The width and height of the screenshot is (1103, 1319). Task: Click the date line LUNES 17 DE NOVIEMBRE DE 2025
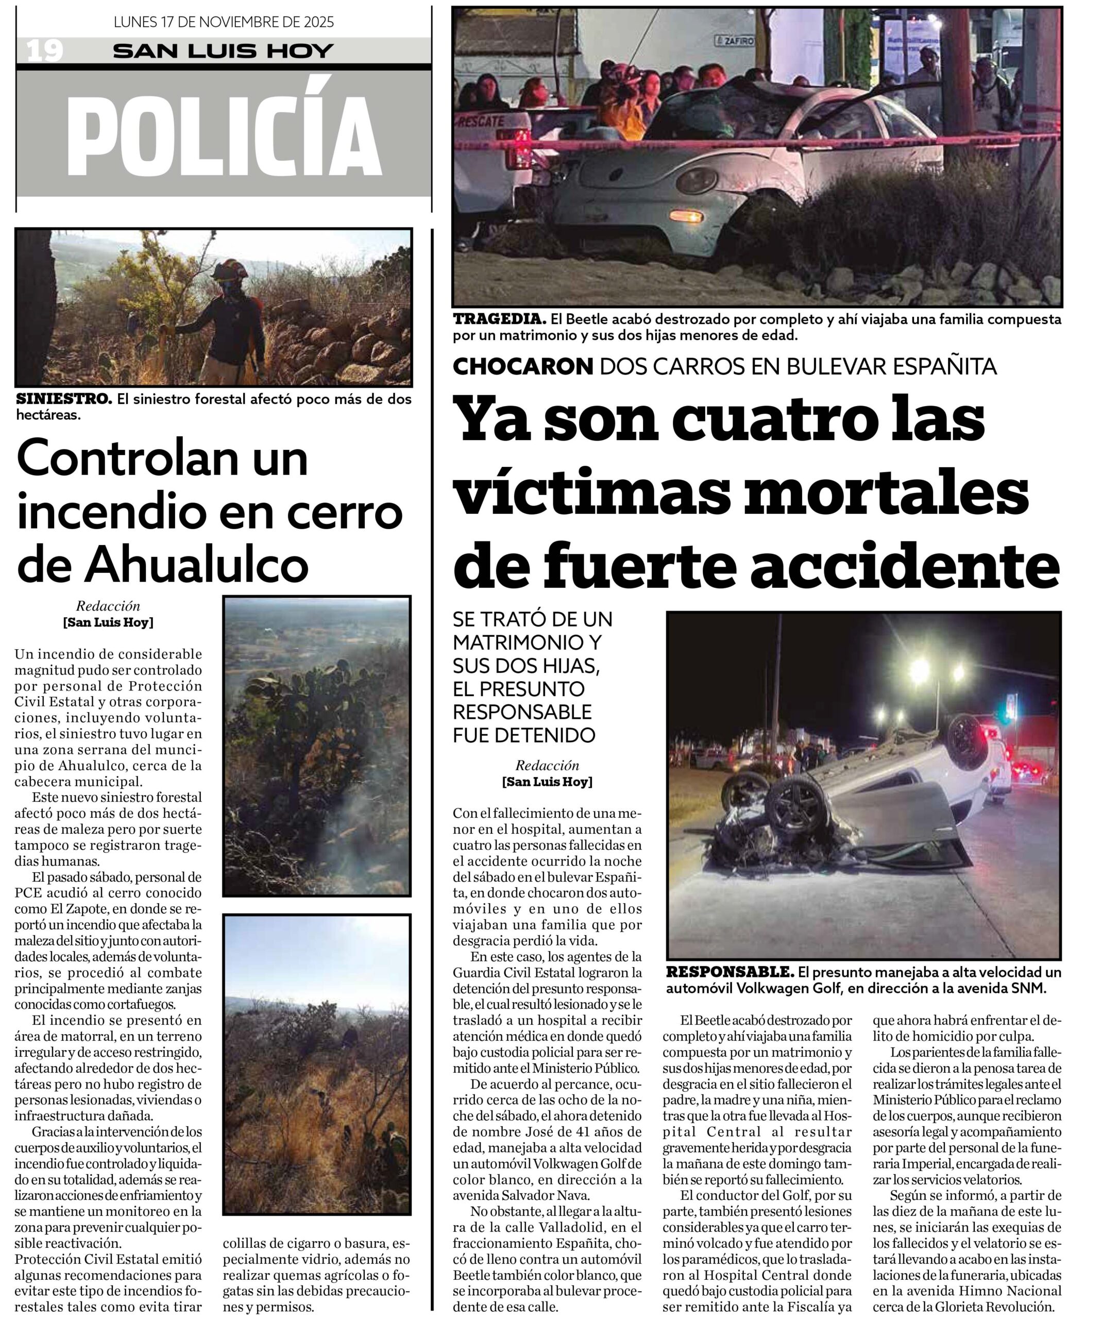pyautogui.click(x=224, y=23)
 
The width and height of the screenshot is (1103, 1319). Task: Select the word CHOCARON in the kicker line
pyautogui.click(x=522, y=366)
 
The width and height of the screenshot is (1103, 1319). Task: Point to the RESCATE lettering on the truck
pyautogui.click(x=482, y=121)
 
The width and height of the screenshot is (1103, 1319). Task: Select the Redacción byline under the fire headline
pyautogui.click(x=108, y=606)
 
